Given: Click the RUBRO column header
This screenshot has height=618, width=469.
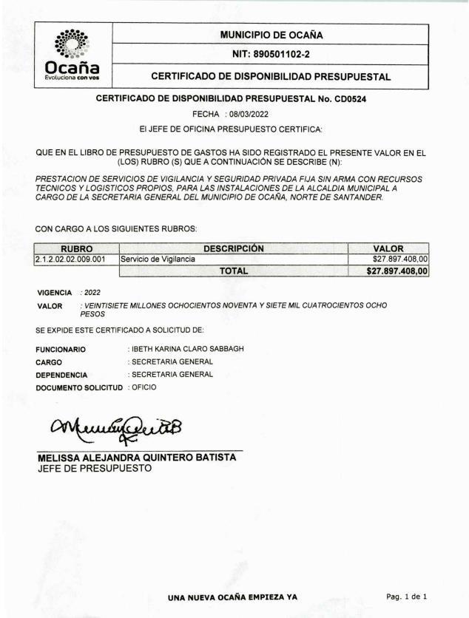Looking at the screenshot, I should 76,248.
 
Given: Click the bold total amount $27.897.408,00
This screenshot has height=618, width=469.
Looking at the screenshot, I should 398,271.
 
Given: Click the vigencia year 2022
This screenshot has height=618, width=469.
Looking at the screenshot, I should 92,293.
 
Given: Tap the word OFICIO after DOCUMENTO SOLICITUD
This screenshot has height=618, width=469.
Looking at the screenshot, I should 144,387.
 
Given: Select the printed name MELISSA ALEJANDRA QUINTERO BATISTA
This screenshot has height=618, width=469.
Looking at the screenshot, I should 137,457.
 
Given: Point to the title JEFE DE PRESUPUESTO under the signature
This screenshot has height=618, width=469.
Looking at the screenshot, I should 94,468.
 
